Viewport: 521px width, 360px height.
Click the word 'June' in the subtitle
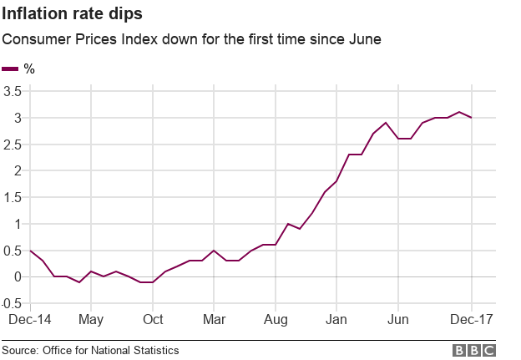pos(364,39)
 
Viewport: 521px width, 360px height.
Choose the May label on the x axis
pos(91,320)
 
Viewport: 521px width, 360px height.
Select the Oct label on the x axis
pos(152,320)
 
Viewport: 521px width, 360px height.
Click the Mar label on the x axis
pos(215,320)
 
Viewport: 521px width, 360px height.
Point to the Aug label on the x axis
pos(276,320)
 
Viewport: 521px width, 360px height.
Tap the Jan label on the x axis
pos(336,320)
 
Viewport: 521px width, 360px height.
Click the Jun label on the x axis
pos(398,320)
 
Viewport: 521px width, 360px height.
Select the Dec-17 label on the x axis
pos(471,320)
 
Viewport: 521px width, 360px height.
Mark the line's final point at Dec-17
pos(472,118)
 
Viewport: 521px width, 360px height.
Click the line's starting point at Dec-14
pos(30,251)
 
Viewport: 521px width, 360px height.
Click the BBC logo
pos(474,350)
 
